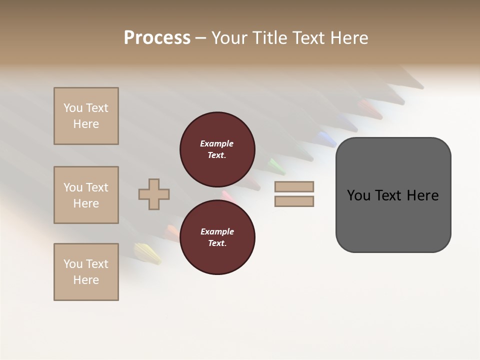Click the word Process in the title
(157, 38)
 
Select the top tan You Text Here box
(86, 116)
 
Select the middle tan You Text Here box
(86, 195)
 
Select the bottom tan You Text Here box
(86, 272)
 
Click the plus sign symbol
(154, 194)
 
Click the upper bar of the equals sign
(294, 186)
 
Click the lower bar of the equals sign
(294, 201)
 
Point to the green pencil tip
(275, 165)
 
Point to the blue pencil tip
(327, 137)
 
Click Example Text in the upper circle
(217, 149)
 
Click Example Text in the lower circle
(217, 237)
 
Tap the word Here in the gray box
(422, 195)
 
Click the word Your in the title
(230, 38)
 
